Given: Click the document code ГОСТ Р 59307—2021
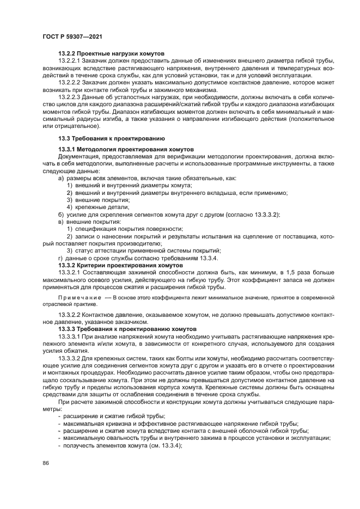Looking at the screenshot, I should click(71, 36).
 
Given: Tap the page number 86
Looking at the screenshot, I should click(46, 463).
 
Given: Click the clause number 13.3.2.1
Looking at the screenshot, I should click(70, 272).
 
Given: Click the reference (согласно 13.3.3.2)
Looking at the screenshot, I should click(252, 215).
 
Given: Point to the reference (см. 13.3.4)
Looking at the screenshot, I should click(164, 445).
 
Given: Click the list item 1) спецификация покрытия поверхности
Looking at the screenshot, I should click(124, 229).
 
